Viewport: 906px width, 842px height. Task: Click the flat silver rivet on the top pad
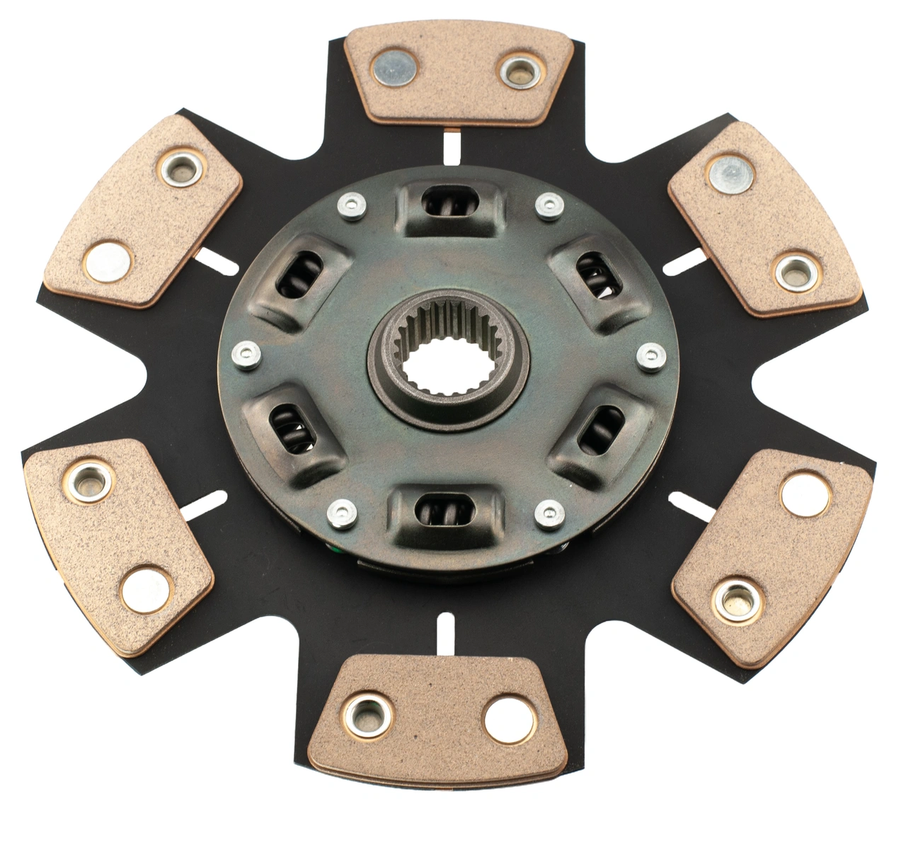tap(394, 69)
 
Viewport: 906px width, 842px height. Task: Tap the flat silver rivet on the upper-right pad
tap(730, 173)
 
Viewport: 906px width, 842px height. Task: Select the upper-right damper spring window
tap(598, 278)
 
